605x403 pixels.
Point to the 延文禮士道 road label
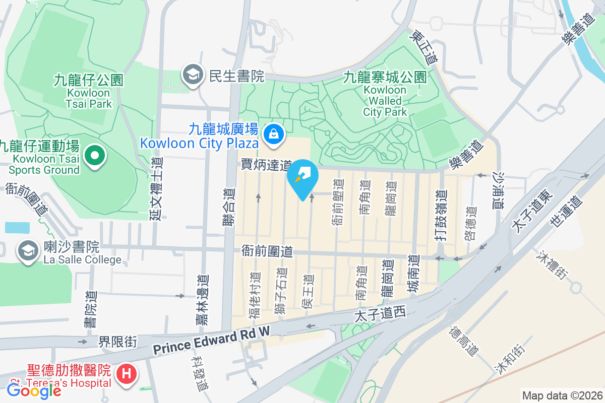[156, 188]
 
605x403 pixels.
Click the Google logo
[33, 390]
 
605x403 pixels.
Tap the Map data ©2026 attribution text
[562, 395]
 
